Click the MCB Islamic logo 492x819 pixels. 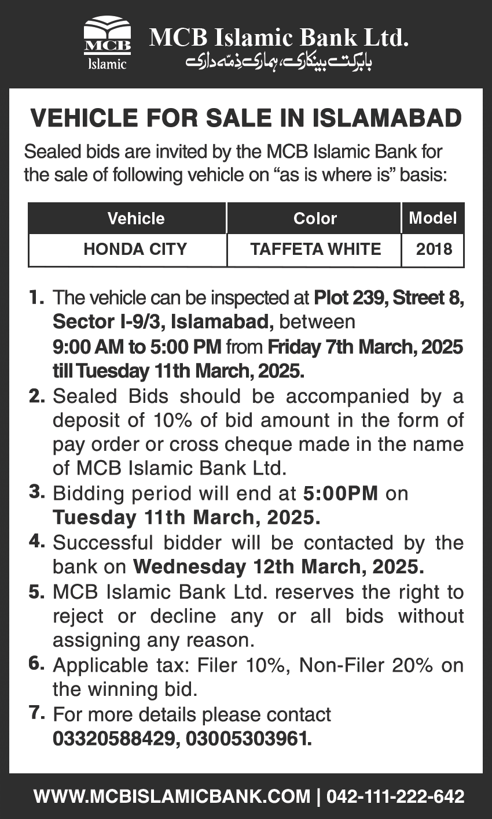pos(107,43)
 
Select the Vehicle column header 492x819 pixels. pos(136,218)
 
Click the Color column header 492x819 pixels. pos(315,218)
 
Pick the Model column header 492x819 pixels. pos(432,218)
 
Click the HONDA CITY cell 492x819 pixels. pos(135,249)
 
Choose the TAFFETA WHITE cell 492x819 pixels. pos(315,249)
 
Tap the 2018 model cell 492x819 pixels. pos(434,249)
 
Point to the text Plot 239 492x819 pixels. pos(350,298)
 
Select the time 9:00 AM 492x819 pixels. pos(88,347)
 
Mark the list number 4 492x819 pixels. pos(36,542)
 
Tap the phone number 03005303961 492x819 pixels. pos(249,739)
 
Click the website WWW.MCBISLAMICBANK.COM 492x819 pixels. pos(172,796)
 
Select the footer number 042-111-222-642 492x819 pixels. pos(395,796)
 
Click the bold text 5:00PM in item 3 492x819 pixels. pos(340,494)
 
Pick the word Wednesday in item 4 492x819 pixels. pos(189,567)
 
